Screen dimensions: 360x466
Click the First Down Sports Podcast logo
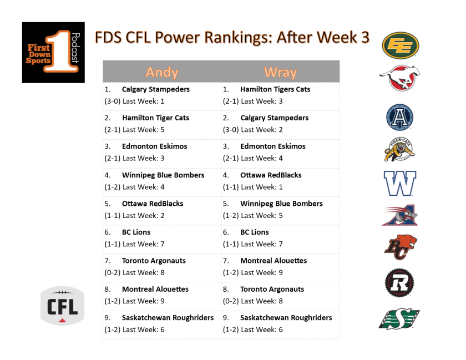53,52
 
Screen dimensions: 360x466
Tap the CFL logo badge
62,305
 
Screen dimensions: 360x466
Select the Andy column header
162,72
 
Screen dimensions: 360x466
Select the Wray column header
280,72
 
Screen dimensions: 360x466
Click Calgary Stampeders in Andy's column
155,89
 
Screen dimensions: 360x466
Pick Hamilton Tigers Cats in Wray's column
275,89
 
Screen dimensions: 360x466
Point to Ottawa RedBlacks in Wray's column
271,175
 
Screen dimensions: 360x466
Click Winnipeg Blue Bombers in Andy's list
163,175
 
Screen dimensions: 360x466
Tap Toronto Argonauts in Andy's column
154,261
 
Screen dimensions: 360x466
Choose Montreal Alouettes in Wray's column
273,261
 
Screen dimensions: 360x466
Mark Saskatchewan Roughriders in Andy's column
168,318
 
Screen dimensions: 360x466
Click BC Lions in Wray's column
254,232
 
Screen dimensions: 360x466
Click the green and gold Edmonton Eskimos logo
400,45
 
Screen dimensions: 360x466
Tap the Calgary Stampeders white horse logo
399,78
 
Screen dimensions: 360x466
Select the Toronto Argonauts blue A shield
399,117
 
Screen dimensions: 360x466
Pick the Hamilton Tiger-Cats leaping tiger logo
399,150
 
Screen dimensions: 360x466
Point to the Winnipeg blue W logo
399,184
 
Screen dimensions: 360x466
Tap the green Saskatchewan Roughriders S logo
399,318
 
